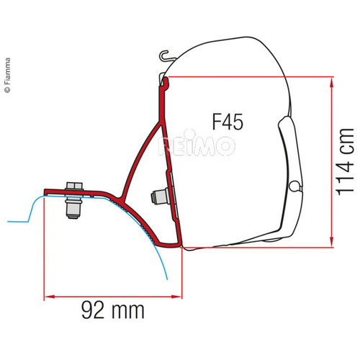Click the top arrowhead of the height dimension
pyautogui.click(x=330, y=81)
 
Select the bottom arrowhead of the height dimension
pyautogui.click(x=330, y=243)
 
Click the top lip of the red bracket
pyautogui.click(x=166, y=83)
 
